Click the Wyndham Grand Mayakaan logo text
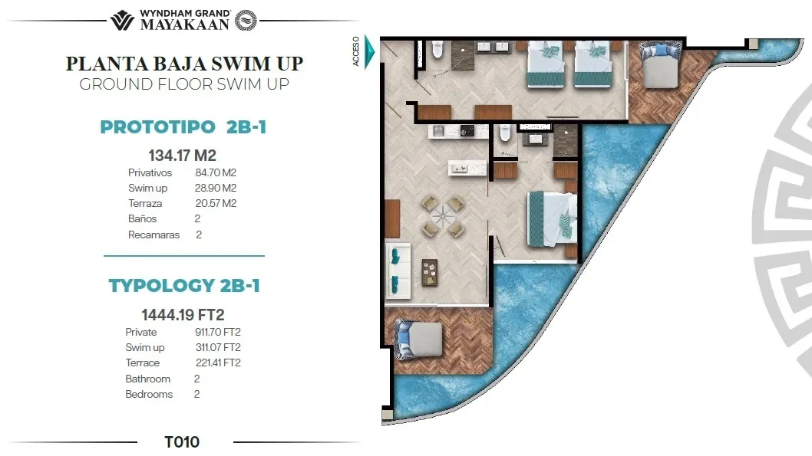pos(183,19)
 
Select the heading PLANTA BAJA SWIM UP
pos(184,63)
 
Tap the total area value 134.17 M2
pos(182,156)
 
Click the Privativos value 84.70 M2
pos(216,173)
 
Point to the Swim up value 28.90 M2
pos(216,189)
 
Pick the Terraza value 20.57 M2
pos(216,204)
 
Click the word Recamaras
pos(153,235)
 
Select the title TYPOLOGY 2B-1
pos(184,286)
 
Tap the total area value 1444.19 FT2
pos(183,314)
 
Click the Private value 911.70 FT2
pos(218,332)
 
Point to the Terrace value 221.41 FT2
pos(218,363)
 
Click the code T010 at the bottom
pos(182,441)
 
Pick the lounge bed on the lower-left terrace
pos(418,336)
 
